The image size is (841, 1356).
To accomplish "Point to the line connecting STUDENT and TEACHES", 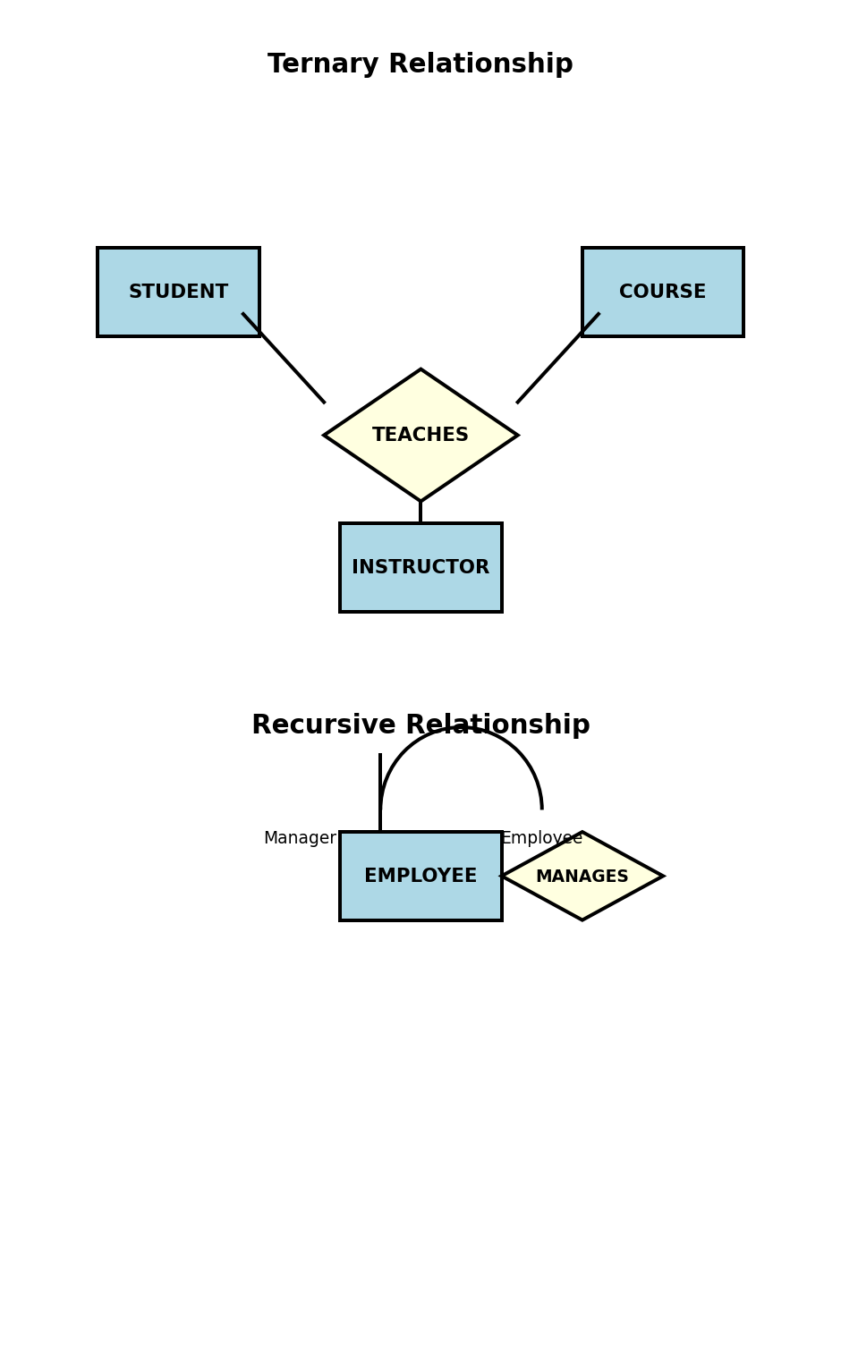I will click(284, 358).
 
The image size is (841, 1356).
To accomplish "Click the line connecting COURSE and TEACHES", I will click(557, 358).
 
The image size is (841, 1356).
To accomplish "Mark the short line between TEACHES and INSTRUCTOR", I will click(420, 513).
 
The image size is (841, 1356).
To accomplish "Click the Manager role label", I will click(300, 838).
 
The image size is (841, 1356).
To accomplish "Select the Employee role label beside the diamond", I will click(541, 838).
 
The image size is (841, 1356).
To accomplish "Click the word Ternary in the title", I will click(323, 64).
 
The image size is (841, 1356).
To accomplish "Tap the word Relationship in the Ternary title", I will click(480, 64).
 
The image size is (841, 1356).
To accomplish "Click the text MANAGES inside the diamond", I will click(582, 877).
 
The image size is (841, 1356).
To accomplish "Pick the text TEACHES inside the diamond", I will click(420, 436).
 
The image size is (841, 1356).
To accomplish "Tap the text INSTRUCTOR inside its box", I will click(420, 568).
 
